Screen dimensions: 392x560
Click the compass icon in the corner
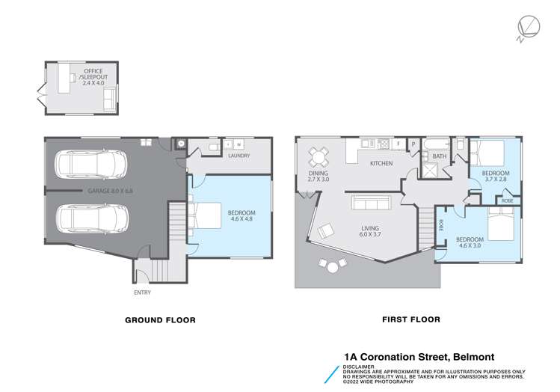(526, 29)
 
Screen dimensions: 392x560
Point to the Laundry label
(240, 156)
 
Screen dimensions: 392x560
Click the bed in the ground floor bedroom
(209, 216)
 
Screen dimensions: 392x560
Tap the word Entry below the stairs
(142, 292)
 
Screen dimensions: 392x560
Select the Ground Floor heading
(159, 320)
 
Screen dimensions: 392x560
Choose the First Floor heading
(410, 319)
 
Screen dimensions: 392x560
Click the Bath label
(439, 156)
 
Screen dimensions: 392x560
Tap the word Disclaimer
(359, 367)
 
